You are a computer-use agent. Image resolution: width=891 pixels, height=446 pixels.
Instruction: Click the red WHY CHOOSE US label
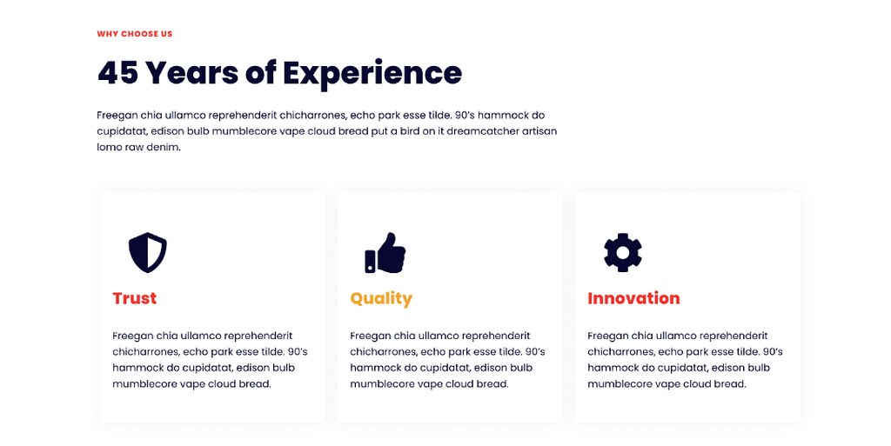[x=135, y=34]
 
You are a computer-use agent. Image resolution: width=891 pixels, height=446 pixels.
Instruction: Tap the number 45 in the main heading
[x=117, y=73]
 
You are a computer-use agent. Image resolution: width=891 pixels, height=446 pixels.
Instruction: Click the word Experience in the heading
[x=372, y=74]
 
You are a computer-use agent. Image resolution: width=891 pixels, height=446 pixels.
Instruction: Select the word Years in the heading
[x=191, y=73]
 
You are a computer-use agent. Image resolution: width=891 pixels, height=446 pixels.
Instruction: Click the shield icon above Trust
[x=148, y=252]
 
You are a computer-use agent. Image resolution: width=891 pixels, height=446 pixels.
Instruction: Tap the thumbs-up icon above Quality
[x=385, y=252]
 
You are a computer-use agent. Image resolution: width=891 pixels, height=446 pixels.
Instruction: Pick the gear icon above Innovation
[x=623, y=252]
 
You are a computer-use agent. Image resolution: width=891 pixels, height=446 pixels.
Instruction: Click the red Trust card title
[x=135, y=298]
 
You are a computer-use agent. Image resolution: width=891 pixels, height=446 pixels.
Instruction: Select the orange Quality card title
[x=381, y=299]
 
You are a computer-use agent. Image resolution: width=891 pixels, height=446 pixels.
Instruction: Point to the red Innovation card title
[x=633, y=298]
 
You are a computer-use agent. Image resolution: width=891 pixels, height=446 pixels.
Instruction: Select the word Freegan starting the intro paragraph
[x=117, y=116]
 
